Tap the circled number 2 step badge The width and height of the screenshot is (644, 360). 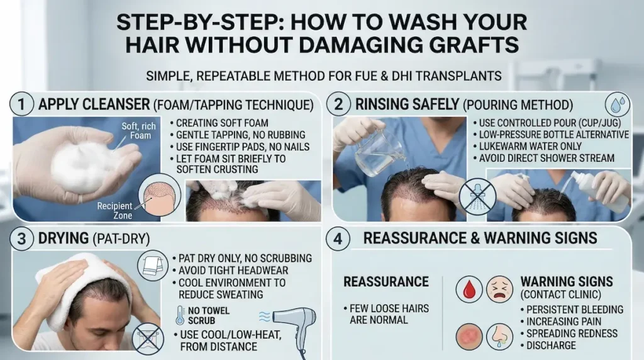pyautogui.click(x=338, y=104)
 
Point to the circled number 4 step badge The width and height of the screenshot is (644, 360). pyautogui.click(x=338, y=239)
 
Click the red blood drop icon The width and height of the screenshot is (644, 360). pyautogui.click(x=469, y=290)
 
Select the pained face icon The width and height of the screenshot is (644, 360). pyautogui.click(x=499, y=290)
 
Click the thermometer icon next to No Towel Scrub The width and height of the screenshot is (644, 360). pyautogui.click(x=181, y=315)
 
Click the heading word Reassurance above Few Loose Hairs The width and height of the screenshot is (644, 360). pyautogui.click(x=386, y=281)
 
